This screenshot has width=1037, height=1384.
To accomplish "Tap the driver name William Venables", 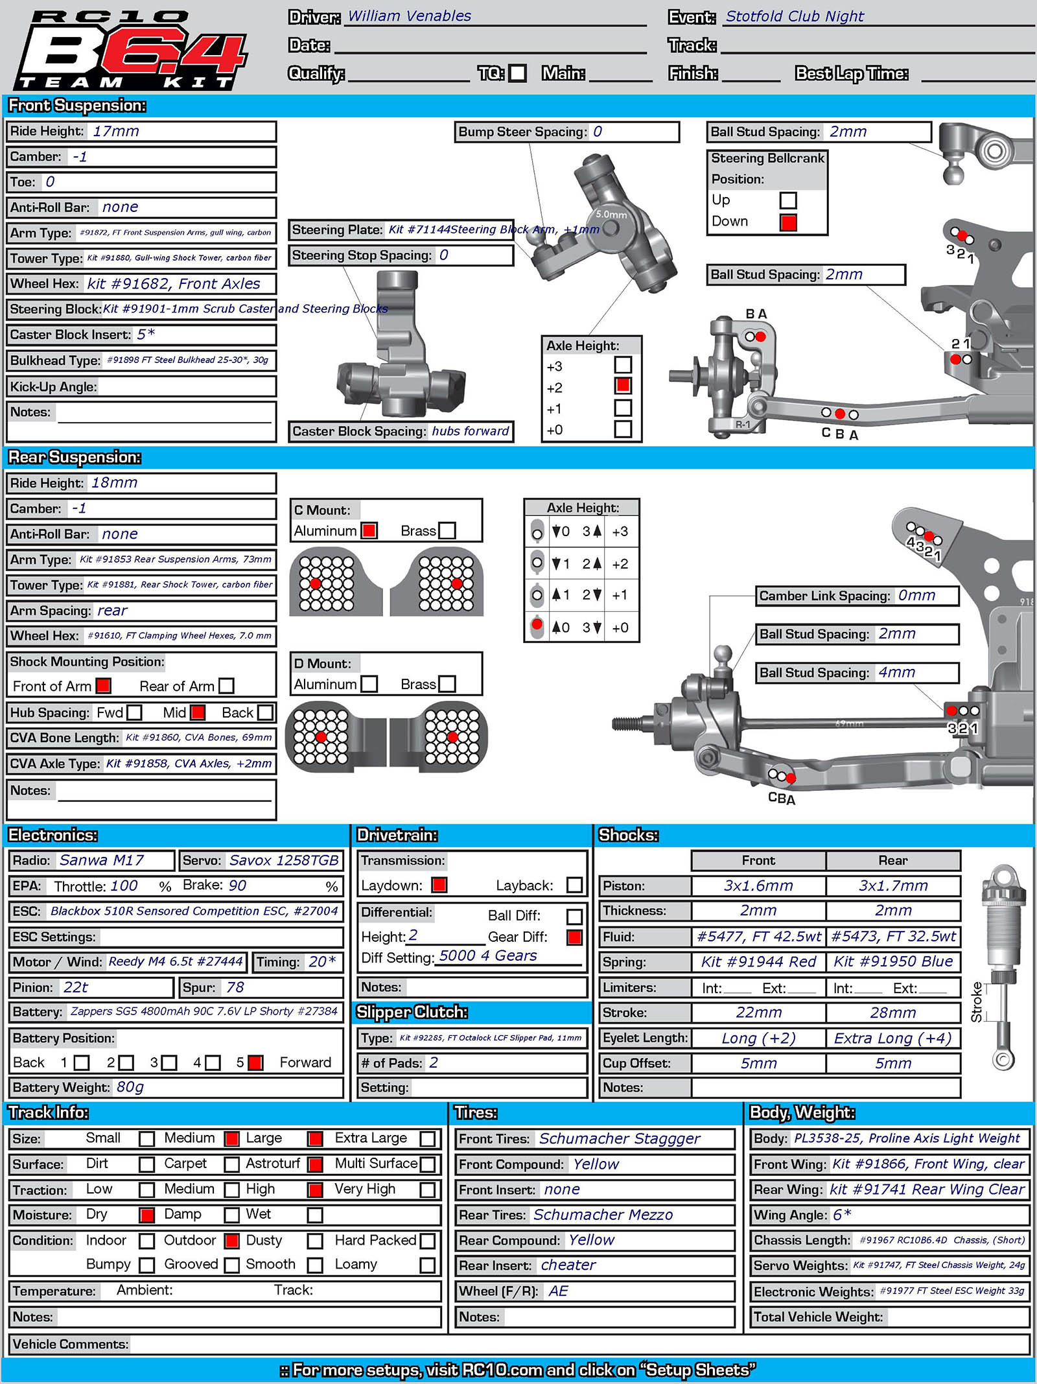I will pos(410,16).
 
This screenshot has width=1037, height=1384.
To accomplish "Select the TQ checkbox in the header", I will pos(517,73).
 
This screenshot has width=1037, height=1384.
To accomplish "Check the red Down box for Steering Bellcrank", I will pos(788,222).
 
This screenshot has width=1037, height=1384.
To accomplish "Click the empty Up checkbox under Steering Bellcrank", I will pos(788,200).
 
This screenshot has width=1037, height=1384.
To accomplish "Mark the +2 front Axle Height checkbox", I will pos(623,386).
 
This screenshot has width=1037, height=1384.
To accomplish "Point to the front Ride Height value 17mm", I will pos(116,132).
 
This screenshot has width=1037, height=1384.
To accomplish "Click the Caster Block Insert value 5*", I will pos(146,334).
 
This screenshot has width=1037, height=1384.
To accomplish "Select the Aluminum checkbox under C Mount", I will pos(369,530).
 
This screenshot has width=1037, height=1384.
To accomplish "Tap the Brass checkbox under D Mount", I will pos(447,684).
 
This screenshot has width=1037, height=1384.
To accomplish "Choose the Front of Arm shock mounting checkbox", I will pos(103,685).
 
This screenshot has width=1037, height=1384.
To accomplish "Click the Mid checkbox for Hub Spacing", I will pos(198,712).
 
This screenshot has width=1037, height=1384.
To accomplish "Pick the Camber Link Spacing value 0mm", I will pos(916,596).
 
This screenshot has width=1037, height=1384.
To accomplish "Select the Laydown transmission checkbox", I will pos(439,885).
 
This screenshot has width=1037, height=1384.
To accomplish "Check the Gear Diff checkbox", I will pos(574,937).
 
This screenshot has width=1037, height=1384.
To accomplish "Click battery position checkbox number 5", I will pos(255,1062).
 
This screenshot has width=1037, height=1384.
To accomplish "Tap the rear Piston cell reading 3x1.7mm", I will pos(893,886).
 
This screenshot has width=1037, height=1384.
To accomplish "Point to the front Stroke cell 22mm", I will pos(758,1013).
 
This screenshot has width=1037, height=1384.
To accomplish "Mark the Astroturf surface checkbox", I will pos(316,1164).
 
